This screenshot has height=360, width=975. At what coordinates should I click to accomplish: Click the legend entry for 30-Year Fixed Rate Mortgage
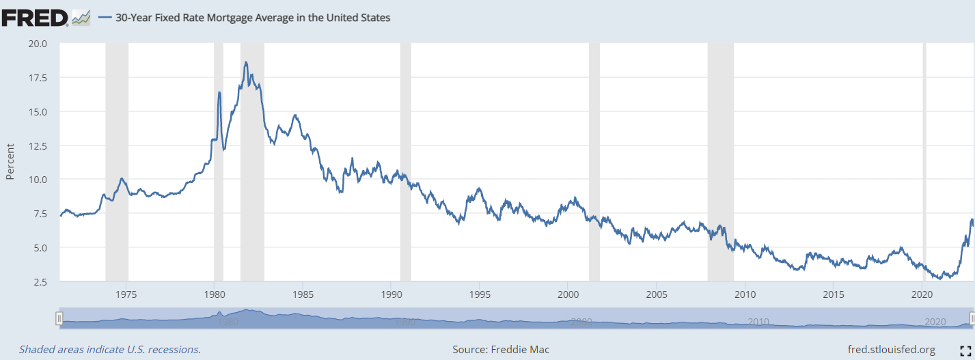tap(244, 18)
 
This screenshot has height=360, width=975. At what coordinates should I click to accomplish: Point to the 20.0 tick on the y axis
tap(37, 44)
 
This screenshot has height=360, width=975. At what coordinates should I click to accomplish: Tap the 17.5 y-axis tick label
tap(37, 78)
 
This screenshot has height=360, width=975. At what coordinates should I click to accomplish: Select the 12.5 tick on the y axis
tap(37, 146)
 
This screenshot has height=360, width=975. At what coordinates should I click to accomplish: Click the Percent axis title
tap(10, 163)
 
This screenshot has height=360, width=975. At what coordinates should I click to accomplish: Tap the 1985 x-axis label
tap(303, 294)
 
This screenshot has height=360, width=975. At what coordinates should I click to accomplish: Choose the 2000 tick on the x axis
tap(568, 294)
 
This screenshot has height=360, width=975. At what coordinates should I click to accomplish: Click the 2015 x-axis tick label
tap(834, 294)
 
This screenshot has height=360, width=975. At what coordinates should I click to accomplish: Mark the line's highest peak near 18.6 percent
tap(245, 62)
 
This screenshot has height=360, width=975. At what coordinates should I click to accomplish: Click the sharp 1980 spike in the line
tap(219, 92)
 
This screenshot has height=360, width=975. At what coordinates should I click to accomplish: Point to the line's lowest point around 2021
tap(941, 278)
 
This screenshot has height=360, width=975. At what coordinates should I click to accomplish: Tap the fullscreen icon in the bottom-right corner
tap(965, 350)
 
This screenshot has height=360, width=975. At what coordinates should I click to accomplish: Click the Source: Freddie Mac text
tap(501, 350)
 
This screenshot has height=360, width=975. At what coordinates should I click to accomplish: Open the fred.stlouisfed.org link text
tap(891, 350)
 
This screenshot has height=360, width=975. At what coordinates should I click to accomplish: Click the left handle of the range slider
tap(59, 318)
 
